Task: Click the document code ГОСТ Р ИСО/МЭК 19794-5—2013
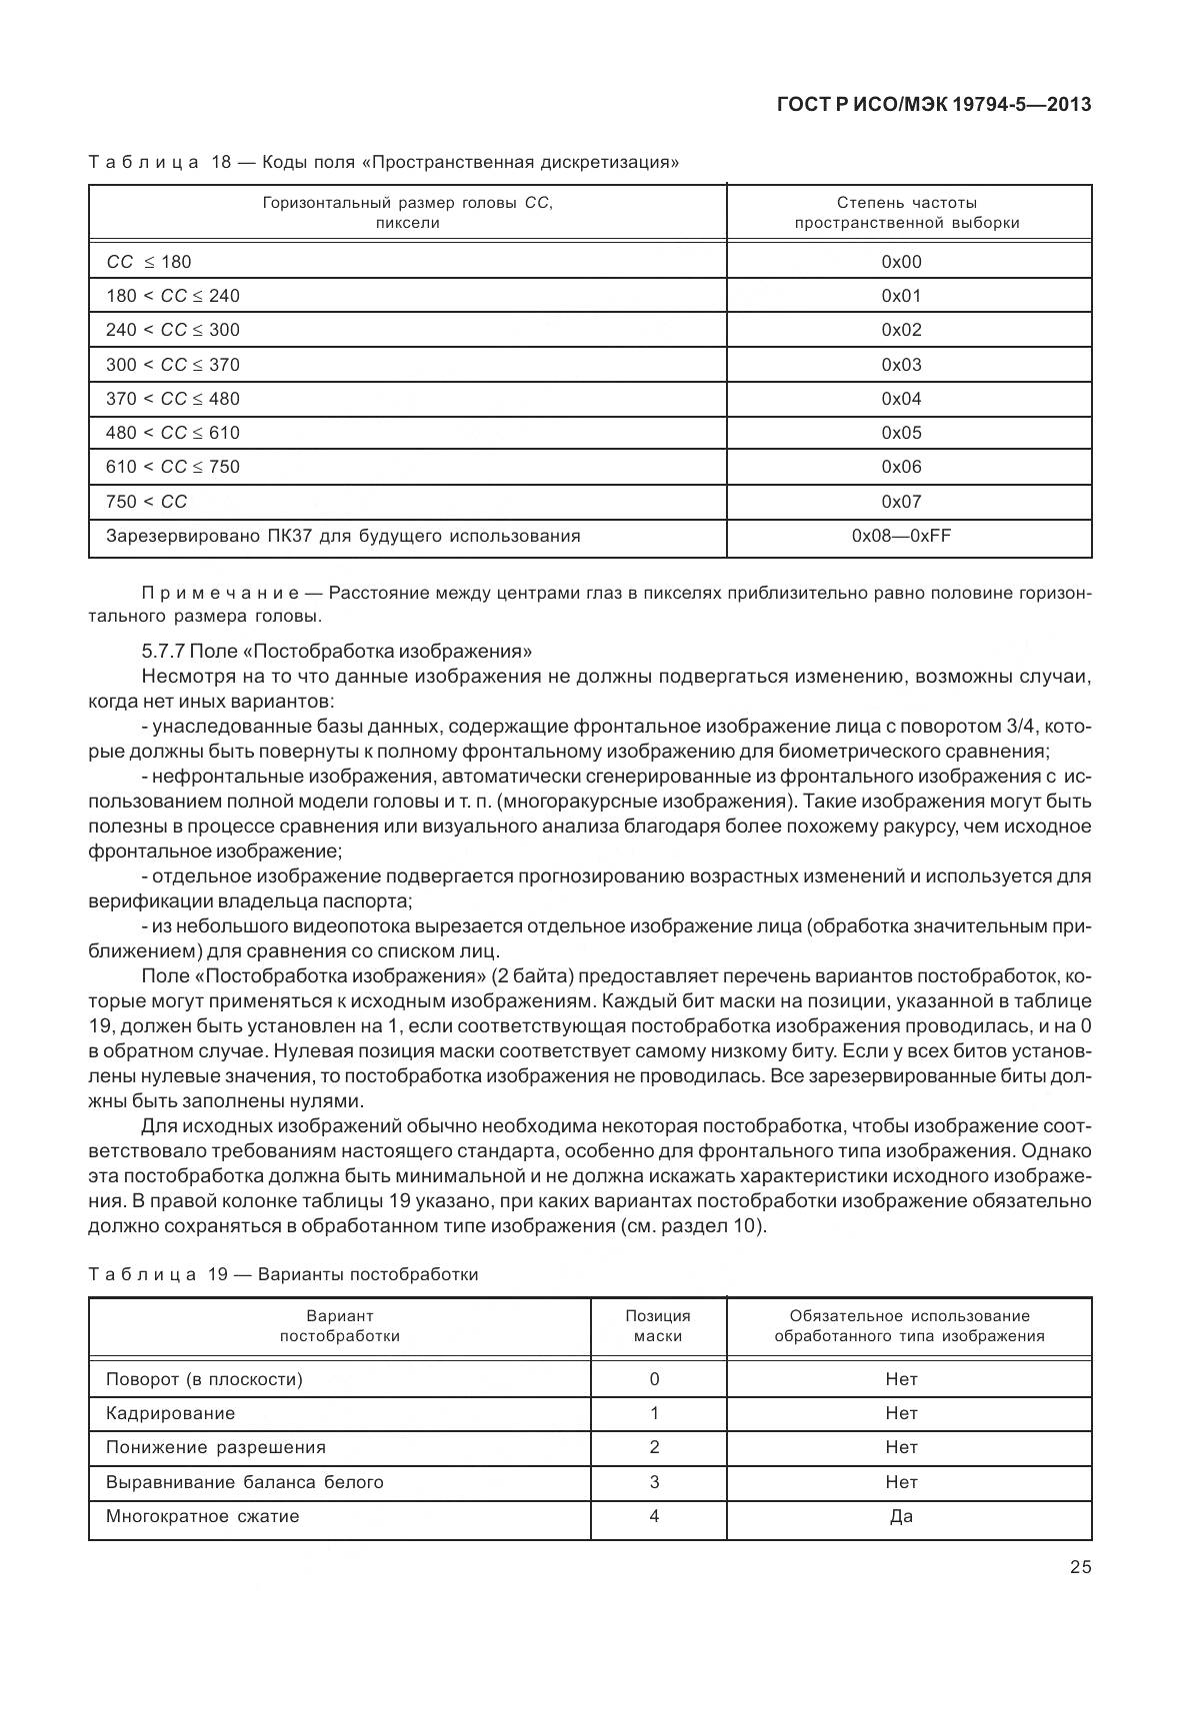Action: [x=933, y=104]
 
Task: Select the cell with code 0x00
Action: [x=901, y=262]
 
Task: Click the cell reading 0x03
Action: [x=901, y=365]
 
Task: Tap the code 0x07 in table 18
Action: [x=901, y=502]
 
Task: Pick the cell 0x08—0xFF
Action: [x=901, y=536]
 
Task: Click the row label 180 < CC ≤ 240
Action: [x=173, y=296]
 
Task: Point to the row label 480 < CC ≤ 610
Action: [x=173, y=433]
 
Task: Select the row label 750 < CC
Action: [x=146, y=502]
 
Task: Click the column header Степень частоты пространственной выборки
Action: [x=907, y=212]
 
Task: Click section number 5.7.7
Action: [x=163, y=652]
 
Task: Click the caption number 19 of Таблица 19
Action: [x=219, y=1274]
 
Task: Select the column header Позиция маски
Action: [x=657, y=1325]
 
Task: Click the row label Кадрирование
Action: [x=171, y=1413]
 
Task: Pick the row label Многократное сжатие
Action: [x=203, y=1516]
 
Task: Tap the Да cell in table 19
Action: [x=901, y=1516]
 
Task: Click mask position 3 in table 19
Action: [x=655, y=1482]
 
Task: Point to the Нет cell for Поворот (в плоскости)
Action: [x=901, y=1379]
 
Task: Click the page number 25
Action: [x=1080, y=1567]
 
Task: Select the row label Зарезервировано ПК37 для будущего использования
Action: [x=343, y=536]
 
